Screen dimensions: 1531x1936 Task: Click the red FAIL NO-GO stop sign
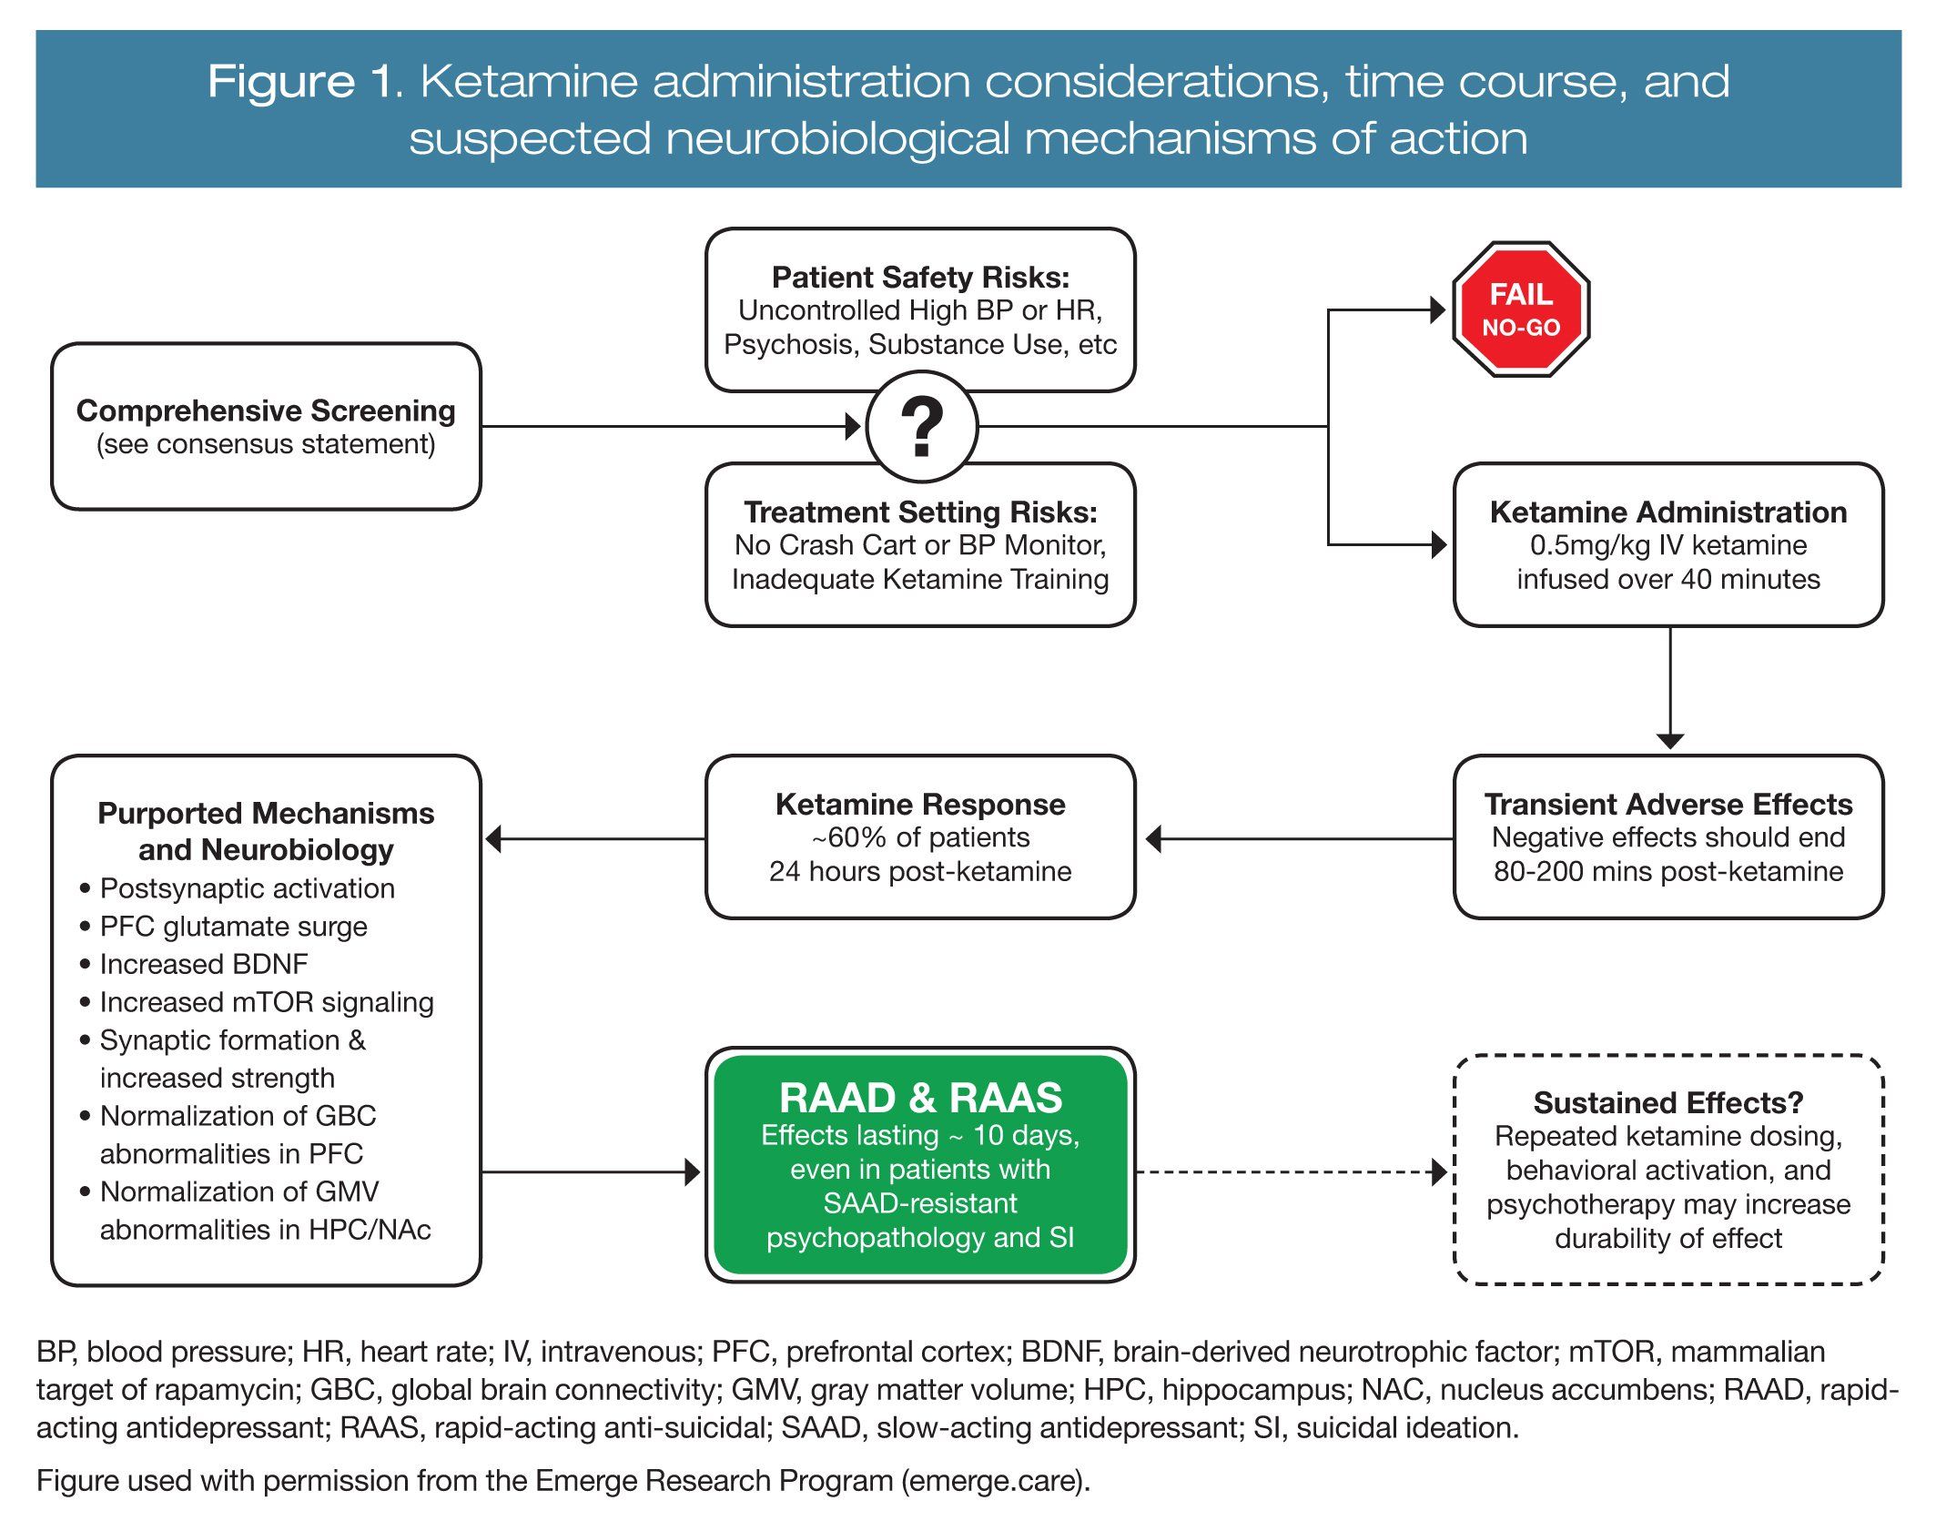[x=1521, y=309]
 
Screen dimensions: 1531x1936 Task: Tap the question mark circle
[x=921, y=426]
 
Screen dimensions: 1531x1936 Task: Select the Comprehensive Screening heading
[x=266, y=411]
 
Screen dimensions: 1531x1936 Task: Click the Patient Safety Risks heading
[x=920, y=277]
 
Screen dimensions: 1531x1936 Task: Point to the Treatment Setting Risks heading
[x=920, y=512]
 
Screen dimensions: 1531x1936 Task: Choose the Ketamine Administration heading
[x=1667, y=512]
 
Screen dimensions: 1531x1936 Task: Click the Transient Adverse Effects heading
[x=1667, y=804]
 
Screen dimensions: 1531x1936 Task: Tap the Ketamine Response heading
[x=920, y=804]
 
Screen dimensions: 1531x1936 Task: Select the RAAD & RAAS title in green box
[x=920, y=1098]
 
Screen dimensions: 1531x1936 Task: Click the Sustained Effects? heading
[x=1667, y=1102]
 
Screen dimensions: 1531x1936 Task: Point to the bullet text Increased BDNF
[x=204, y=964]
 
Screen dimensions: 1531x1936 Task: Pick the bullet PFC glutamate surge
[x=234, y=926]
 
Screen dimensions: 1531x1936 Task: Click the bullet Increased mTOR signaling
[x=267, y=1002]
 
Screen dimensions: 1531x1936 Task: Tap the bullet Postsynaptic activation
[x=248, y=888]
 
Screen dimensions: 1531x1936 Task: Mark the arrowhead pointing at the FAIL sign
[x=1437, y=310]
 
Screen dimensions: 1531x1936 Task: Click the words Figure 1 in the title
[x=304, y=82]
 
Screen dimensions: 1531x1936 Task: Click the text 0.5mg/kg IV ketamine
[x=1667, y=545]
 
